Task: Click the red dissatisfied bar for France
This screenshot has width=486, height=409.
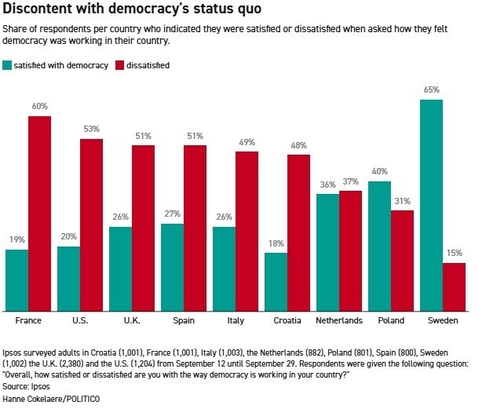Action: tap(40, 214)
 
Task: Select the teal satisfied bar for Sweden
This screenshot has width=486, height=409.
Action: tap(431, 205)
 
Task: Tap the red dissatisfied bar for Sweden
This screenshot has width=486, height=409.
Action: tap(454, 287)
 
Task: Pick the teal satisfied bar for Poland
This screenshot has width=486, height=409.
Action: tap(379, 246)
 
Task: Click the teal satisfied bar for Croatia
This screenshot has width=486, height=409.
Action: tap(276, 281)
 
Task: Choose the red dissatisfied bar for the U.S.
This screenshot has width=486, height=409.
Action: tap(92, 225)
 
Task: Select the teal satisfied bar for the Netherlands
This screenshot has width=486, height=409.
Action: tap(327, 252)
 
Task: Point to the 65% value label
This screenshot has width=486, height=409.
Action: tap(431, 89)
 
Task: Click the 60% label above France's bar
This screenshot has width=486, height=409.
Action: tap(40, 106)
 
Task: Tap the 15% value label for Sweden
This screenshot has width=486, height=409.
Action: tap(454, 253)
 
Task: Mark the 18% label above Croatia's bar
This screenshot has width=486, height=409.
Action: tap(276, 243)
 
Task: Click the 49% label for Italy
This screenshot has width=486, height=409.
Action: tap(247, 141)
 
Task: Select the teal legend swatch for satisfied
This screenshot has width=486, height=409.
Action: tap(7, 65)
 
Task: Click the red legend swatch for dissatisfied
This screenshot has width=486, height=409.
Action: tap(119, 65)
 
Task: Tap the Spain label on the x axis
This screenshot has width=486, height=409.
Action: tap(184, 320)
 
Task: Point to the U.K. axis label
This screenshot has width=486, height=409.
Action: tap(132, 320)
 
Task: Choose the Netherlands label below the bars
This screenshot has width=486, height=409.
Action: tap(339, 320)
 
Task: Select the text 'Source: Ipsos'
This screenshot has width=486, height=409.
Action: tap(27, 387)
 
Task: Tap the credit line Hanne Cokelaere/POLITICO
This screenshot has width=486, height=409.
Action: tap(52, 399)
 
